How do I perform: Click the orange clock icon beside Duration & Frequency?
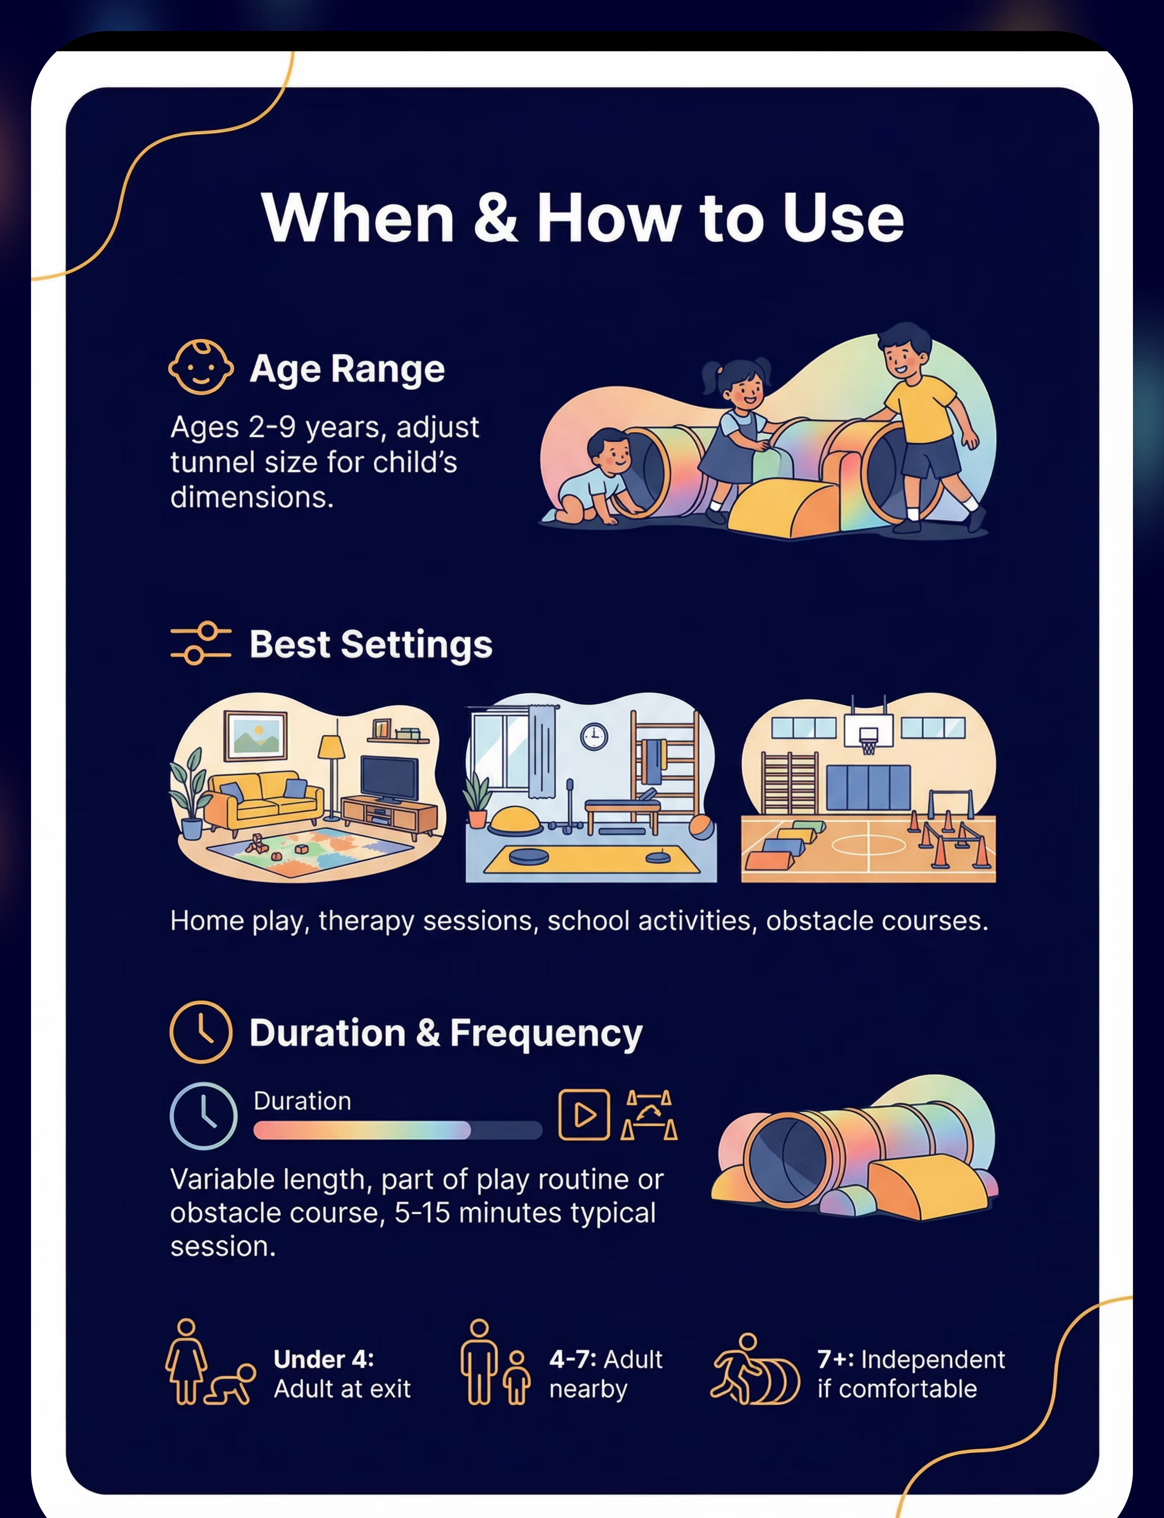click(201, 1032)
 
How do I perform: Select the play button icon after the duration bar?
click(584, 1115)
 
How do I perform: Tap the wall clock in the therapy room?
click(594, 736)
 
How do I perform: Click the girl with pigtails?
click(736, 437)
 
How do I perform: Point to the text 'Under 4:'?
click(323, 1359)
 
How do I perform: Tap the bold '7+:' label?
click(836, 1359)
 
